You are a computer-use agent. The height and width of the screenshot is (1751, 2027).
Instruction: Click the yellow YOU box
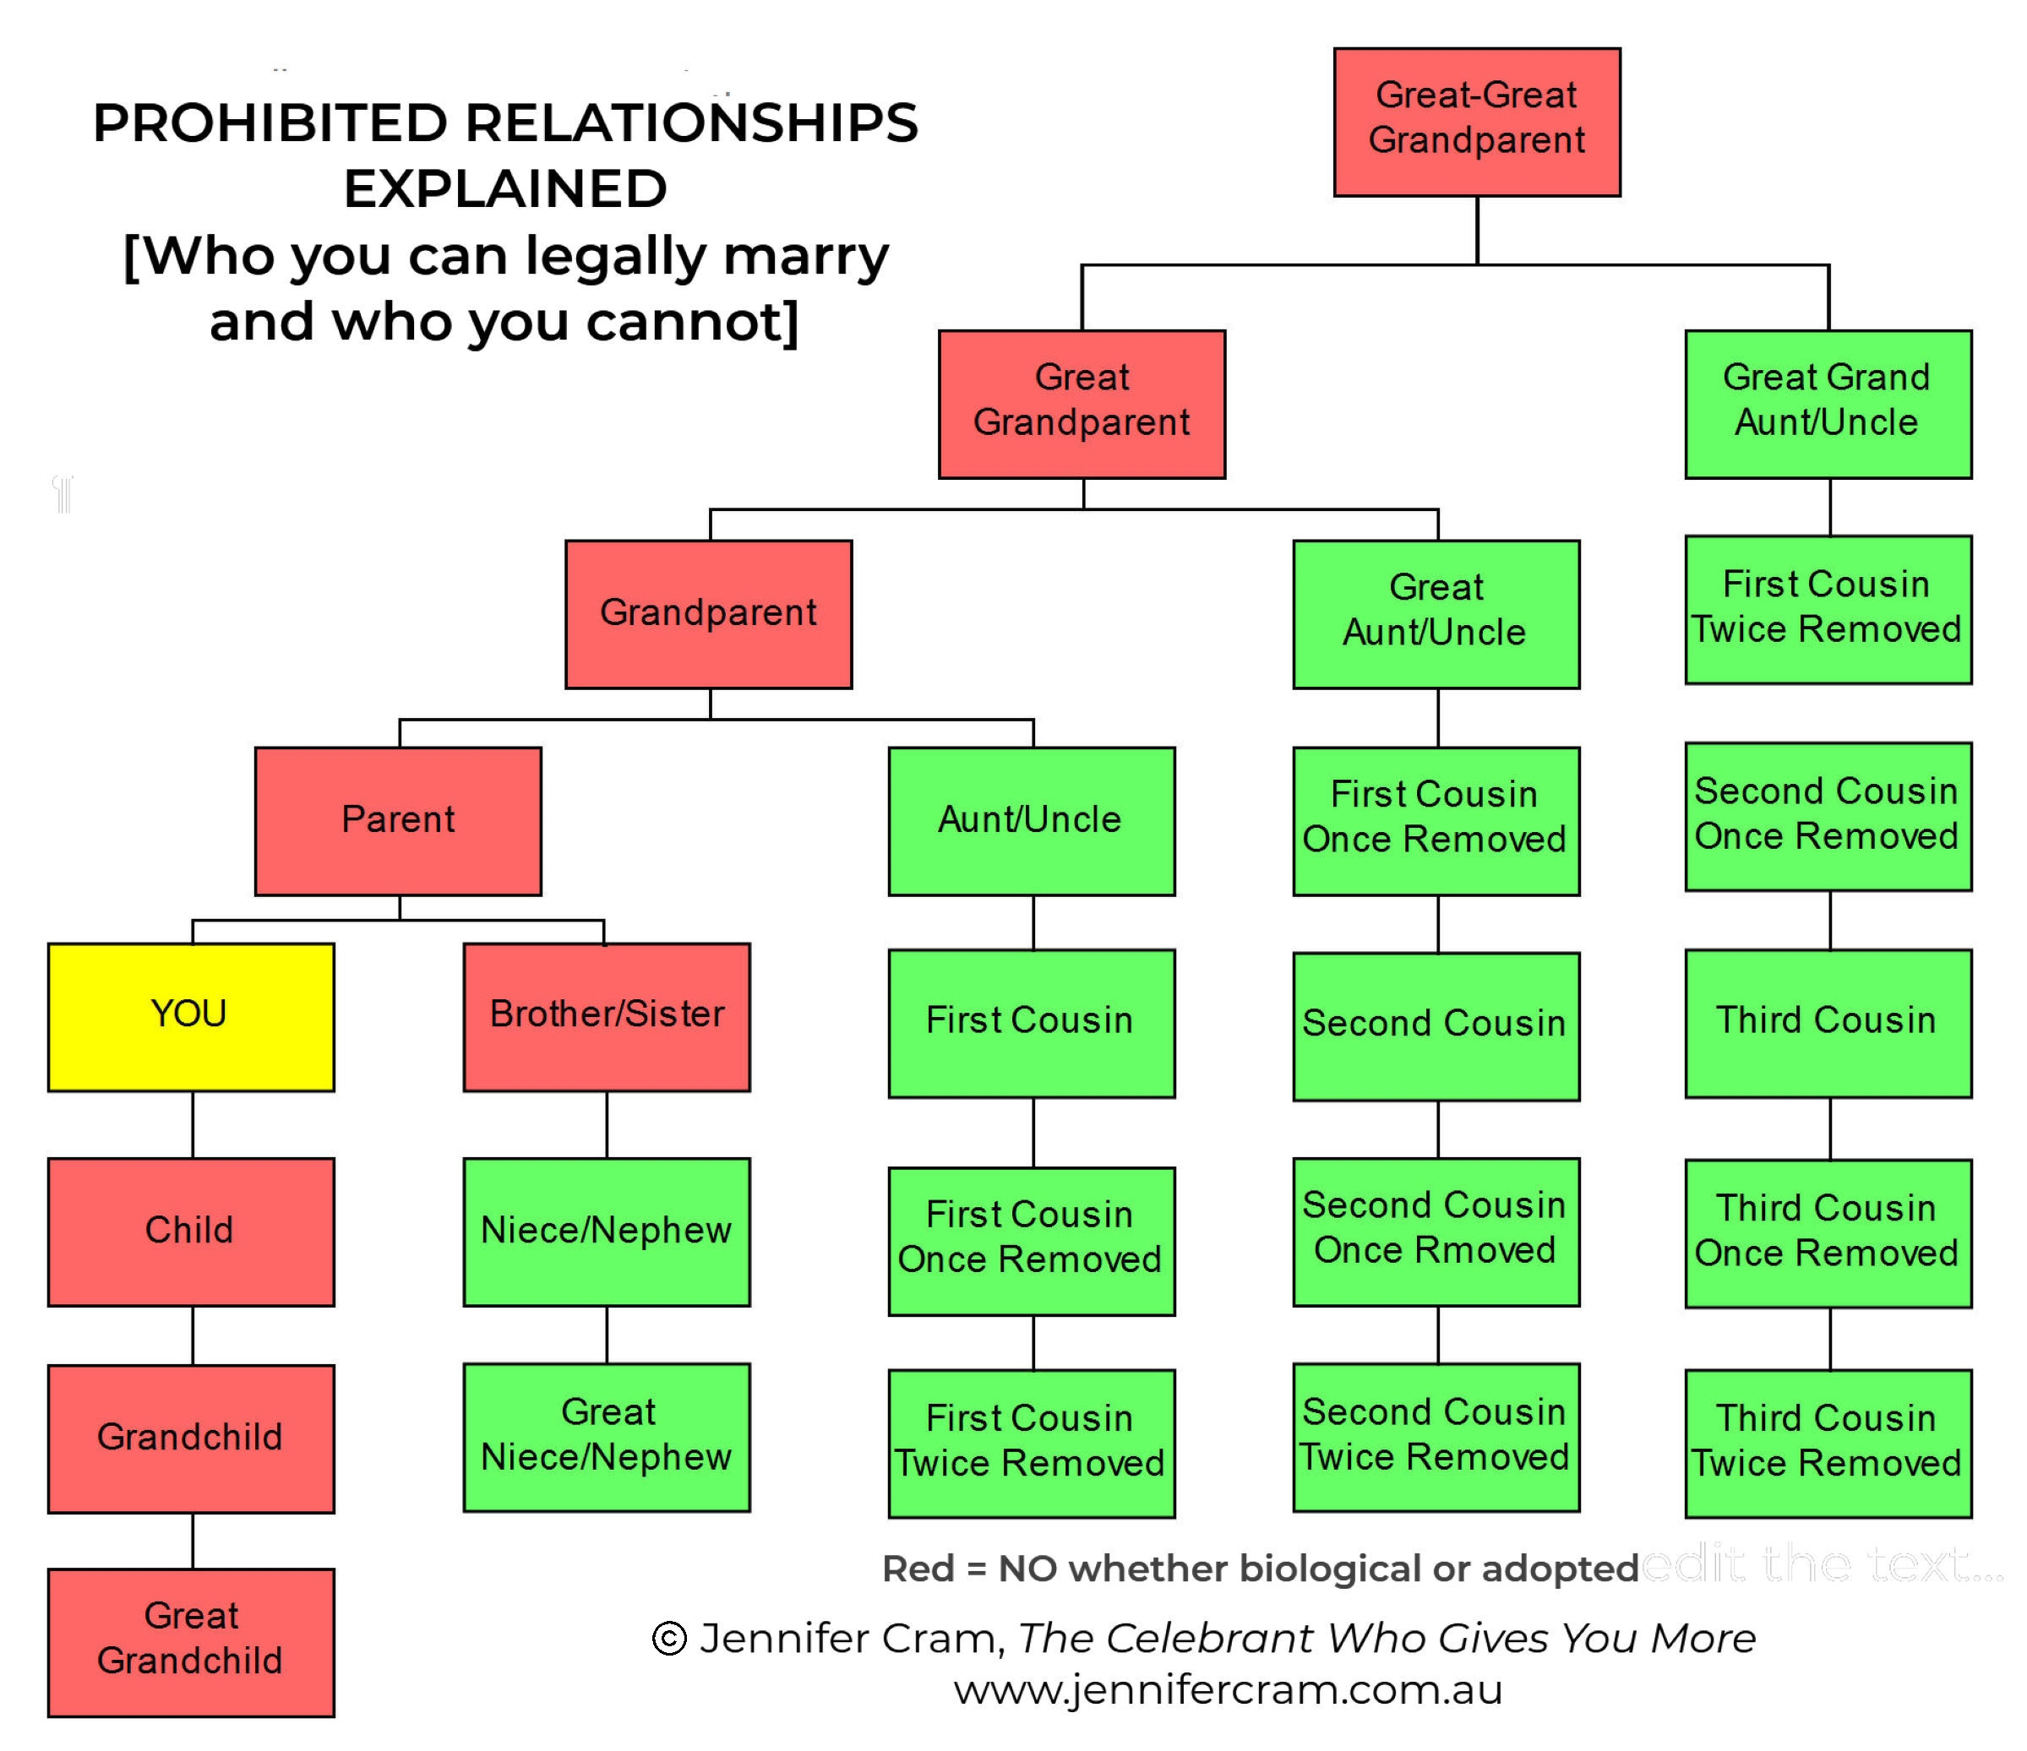click(191, 1016)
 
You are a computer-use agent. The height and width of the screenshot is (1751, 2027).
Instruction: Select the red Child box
click(191, 1232)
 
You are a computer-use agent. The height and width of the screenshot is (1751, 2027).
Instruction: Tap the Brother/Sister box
click(607, 1016)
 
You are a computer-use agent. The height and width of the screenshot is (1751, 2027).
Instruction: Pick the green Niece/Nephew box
click(607, 1232)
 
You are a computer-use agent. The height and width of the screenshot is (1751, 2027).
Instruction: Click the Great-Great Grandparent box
click(1476, 122)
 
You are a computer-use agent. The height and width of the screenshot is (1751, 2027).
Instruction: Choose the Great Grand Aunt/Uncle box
click(1828, 404)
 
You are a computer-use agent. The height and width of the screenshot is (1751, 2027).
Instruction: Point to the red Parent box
click(398, 821)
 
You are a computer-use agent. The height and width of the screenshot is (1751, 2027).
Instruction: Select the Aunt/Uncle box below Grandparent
click(1031, 821)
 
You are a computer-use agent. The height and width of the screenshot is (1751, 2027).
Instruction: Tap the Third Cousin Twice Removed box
click(1828, 1443)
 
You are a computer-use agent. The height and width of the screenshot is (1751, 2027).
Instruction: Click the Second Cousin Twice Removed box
click(1436, 1437)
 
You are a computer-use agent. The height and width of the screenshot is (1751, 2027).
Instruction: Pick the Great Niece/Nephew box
click(607, 1437)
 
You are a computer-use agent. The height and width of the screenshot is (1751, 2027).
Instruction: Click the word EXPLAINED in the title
click(504, 189)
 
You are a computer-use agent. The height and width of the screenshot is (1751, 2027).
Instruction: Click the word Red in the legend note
click(918, 1569)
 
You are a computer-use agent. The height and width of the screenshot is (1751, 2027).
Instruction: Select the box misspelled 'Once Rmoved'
click(1436, 1232)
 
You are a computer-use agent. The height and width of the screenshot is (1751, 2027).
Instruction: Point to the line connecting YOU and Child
click(193, 1125)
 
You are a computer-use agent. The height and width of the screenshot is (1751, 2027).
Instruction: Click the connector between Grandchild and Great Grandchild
click(193, 1541)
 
